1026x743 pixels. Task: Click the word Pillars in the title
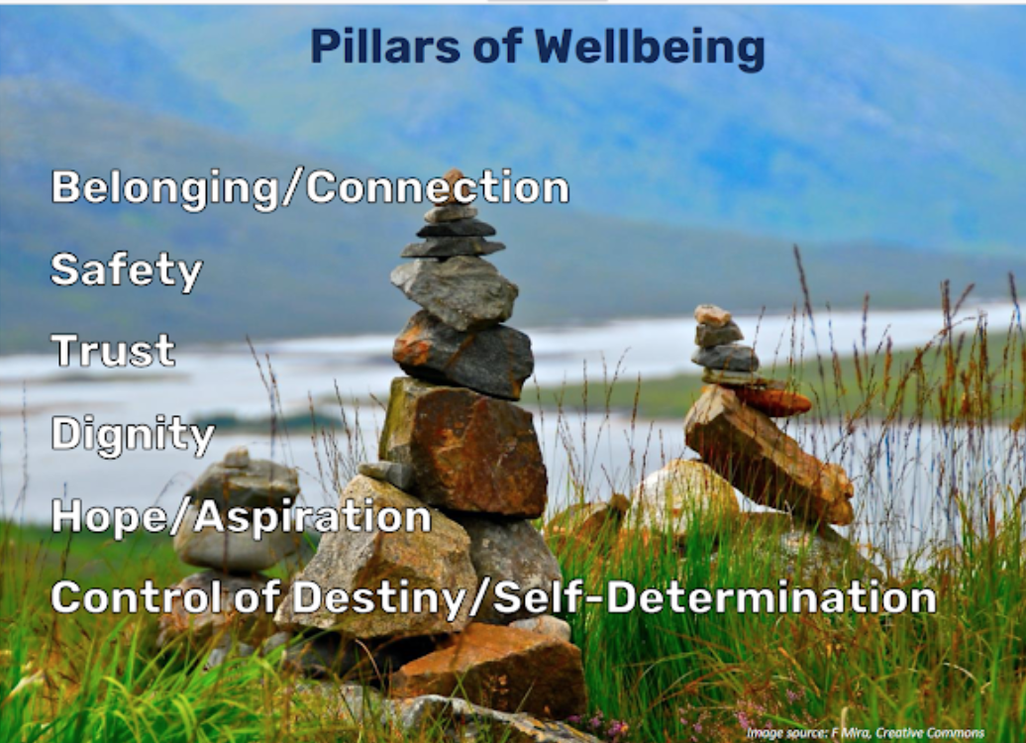(x=384, y=47)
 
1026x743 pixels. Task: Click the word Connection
(x=438, y=188)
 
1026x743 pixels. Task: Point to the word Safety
(x=127, y=270)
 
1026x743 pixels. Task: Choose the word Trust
(x=113, y=351)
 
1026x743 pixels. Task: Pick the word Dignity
(x=133, y=434)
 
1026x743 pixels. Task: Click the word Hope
(x=109, y=517)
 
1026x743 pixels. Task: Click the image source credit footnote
(x=865, y=732)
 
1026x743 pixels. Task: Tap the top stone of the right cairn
(x=713, y=316)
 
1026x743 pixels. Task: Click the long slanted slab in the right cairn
(x=769, y=455)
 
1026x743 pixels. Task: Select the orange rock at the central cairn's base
(x=491, y=668)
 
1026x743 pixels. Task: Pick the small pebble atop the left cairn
(x=237, y=457)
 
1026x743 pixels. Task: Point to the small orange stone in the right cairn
(x=772, y=400)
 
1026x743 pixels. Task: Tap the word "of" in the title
(x=496, y=47)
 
